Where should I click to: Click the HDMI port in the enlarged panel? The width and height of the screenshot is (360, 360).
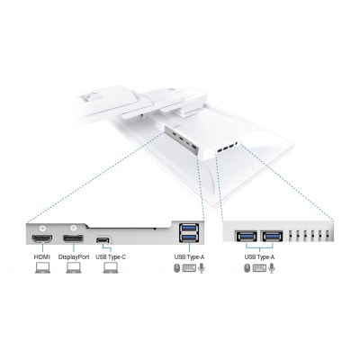click(x=42, y=238)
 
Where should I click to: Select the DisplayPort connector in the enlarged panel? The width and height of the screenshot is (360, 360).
click(x=73, y=238)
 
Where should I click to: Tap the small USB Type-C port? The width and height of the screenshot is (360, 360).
click(x=103, y=240)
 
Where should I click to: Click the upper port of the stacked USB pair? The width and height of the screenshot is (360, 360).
click(x=189, y=229)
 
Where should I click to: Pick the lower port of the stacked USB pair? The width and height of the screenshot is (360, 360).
click(x=189, y=238)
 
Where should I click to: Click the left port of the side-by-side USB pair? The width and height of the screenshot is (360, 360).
click(x=247, y=237)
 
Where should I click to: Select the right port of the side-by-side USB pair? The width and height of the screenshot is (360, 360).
click(x=273, y=237)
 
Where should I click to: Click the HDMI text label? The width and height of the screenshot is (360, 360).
click(x=42, y=257)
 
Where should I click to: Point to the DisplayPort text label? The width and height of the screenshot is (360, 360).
click(x=74, y=257)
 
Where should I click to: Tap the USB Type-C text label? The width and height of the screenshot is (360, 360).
click(x=111, y=257)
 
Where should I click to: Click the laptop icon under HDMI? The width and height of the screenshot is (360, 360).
click(x=42, y=268)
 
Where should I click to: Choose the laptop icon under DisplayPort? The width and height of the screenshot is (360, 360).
click(x=74, y=268)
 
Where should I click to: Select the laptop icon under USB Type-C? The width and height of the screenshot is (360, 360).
click(x=111, y=268)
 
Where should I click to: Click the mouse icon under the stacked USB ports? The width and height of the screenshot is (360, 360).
click(x=177, y=268)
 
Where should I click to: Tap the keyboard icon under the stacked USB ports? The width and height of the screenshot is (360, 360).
click(x=189, y=268)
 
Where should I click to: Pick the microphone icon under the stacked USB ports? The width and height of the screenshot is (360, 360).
click(x=202, y=268)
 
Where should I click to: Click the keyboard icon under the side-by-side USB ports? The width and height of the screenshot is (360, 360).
click(x=259, y=268)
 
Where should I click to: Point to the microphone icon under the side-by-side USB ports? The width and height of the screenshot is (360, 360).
click(x=272, y=268)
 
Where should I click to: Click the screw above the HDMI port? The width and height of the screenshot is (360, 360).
click(x=42, y=229)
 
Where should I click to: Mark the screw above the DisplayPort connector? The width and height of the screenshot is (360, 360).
click(x=74, y=229)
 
